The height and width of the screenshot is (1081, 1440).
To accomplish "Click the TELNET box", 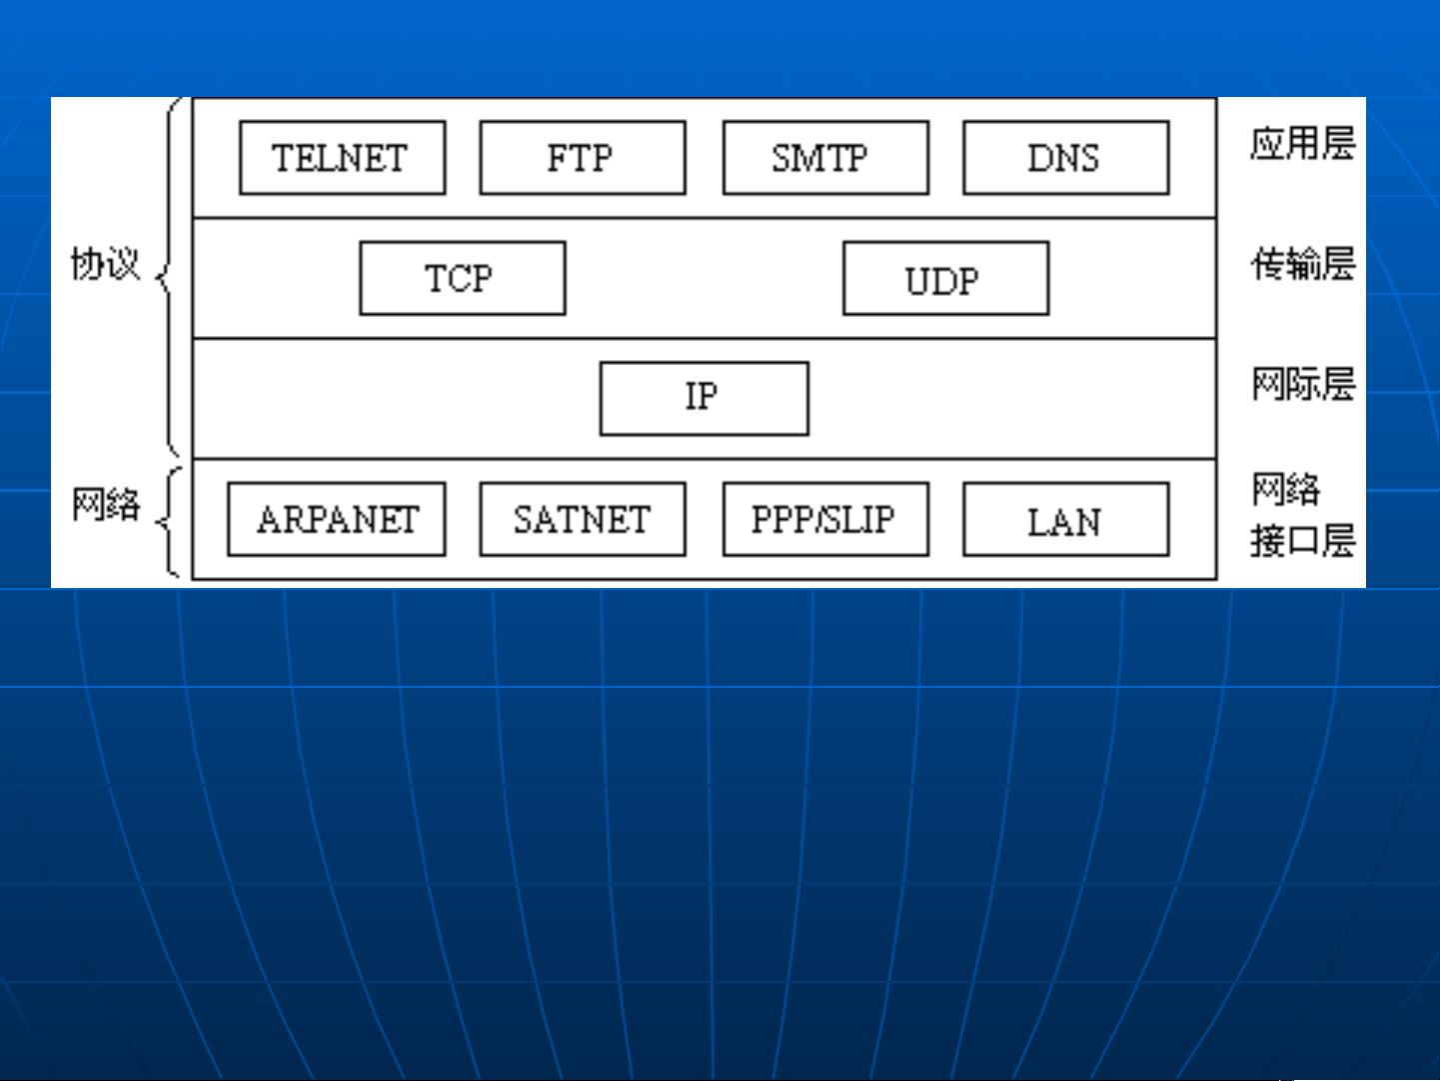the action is (343, 158).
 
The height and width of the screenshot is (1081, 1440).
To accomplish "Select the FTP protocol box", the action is (583, 158).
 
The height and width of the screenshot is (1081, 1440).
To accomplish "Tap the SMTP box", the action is (826, 158).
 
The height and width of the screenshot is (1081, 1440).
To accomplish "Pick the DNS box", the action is (1066, 158).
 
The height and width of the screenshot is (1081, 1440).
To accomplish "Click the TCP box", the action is (463, 278).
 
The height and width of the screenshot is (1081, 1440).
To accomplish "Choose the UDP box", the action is (946, 278).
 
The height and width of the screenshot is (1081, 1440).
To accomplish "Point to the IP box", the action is (705, 398).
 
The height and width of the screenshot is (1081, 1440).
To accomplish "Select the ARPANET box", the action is (337, 519).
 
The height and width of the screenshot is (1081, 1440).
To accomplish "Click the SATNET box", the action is (583, 519).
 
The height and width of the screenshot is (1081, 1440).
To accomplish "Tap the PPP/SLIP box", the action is (826, 519).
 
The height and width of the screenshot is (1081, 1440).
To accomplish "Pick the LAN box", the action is (1066, 519).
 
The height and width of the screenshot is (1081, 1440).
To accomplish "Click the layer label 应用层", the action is (1303, 144).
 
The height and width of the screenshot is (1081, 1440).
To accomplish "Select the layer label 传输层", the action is (1303, 264).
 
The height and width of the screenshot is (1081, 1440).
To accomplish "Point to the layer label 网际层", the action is (1303, 384).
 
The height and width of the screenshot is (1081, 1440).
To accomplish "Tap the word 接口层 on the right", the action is (1303, 540).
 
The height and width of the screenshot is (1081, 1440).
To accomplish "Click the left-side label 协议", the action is (105, 264).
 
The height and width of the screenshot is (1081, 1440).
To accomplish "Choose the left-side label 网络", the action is (105, 504).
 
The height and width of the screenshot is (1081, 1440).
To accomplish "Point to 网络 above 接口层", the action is (1285, 490).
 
